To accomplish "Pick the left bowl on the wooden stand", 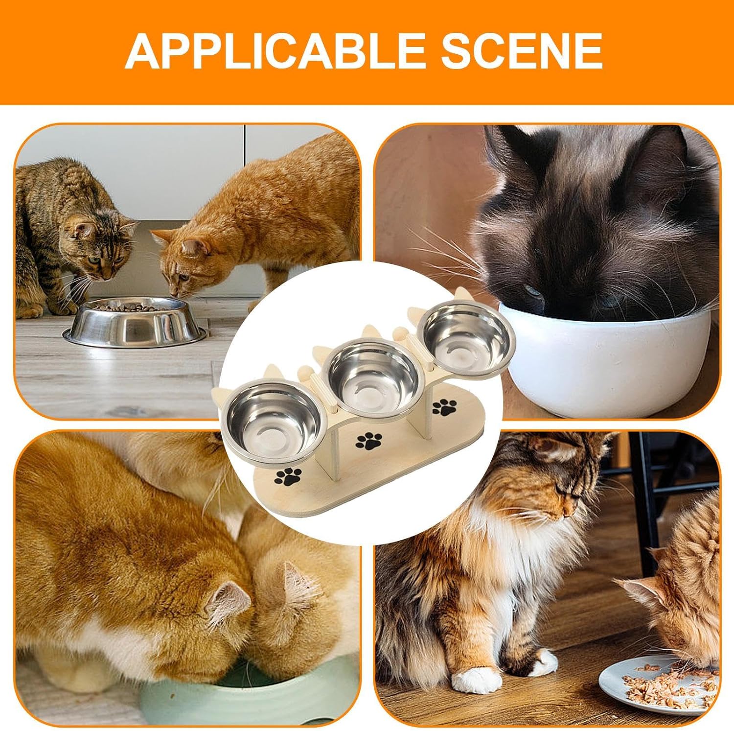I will point(273,420).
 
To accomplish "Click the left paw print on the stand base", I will point(289,476).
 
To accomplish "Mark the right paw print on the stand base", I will point(444,407).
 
